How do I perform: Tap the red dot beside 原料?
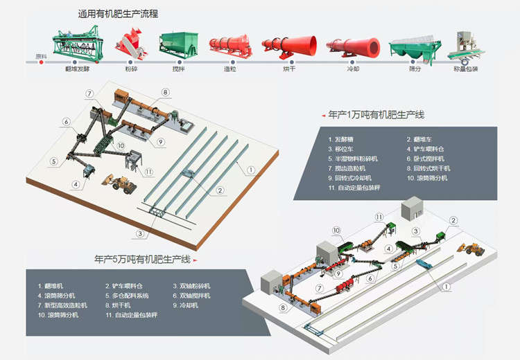[42, 62]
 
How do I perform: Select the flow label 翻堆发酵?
[77, 69]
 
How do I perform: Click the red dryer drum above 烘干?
[288, 46]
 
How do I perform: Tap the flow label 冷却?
[353, 69]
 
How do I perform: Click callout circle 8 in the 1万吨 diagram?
[166, 92]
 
